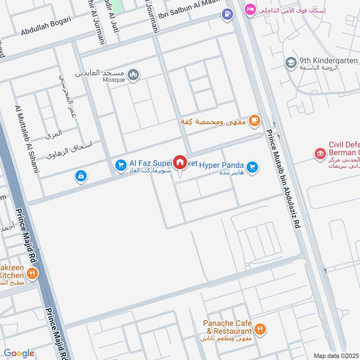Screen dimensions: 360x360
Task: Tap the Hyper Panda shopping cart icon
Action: [252, 167]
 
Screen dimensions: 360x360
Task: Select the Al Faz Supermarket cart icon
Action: [120, 166]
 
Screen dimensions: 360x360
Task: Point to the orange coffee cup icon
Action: [255, 120]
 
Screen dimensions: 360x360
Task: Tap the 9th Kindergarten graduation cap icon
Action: [291, 62]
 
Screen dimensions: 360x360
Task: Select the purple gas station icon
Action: [227, 14]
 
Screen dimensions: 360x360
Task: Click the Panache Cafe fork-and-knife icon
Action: [260, 329]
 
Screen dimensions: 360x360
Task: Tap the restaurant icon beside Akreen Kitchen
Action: [32, 273]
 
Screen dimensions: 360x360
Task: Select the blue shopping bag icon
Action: [81, 176]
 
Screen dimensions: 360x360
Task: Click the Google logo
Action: [19, 353]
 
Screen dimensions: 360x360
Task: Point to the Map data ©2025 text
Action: [335, 355]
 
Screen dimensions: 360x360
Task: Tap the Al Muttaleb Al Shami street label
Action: [28, 139]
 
